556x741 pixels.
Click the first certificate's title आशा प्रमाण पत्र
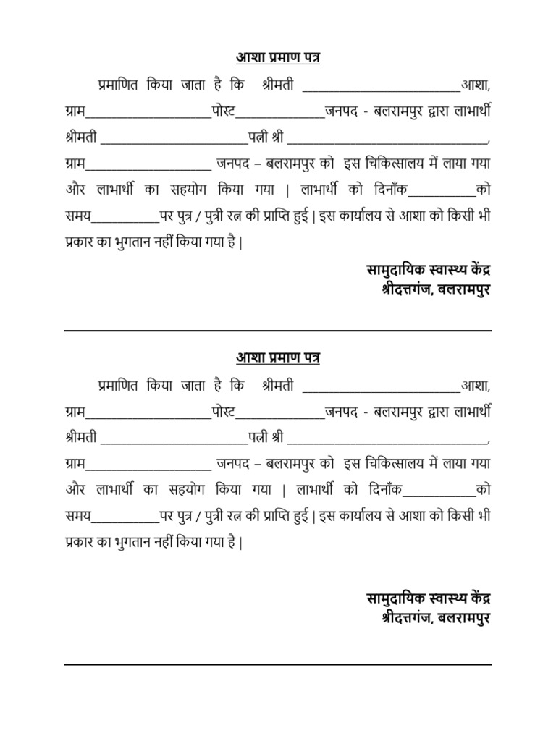[x=278, y=58]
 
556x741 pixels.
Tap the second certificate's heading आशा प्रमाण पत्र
[x=278, y=357]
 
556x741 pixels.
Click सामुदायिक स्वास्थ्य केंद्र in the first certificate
[x=429, y=271]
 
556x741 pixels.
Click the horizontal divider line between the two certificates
[x=278, y=331]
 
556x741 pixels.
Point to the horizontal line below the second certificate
[x=278, y=664]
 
